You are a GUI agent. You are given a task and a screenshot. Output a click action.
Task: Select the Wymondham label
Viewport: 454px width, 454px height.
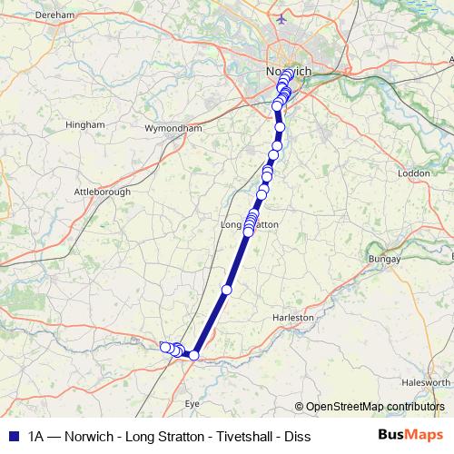point(173,129)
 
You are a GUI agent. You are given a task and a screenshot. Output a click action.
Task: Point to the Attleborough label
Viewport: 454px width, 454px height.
point(102,192)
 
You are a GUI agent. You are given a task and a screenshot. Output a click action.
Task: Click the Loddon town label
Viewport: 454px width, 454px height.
point(413,173)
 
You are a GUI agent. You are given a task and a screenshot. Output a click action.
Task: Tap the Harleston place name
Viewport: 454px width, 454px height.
point(293,318)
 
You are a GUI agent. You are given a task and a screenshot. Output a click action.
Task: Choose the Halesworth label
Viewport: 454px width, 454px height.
point(426,383)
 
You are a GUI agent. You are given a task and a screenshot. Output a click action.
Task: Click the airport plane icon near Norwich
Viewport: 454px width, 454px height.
point(282,17)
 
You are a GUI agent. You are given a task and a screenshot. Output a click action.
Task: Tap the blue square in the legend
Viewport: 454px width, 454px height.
point(12,437)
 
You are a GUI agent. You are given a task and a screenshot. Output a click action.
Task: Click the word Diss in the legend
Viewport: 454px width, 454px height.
point(295,437)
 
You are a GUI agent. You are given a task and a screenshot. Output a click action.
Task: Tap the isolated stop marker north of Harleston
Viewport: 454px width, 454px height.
point(227,290)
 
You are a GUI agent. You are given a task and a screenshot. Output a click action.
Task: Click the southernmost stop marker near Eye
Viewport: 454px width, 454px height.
point(193,355)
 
